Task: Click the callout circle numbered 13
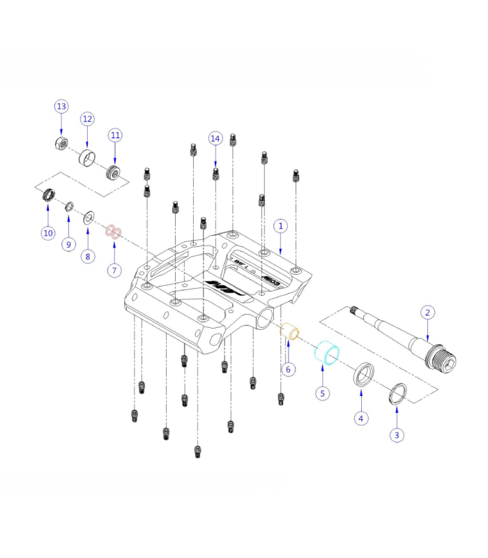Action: [61, 106]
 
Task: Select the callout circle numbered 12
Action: [87, 119]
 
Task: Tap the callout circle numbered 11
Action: [115, 134]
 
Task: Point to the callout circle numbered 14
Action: [215, 138]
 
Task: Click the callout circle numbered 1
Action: [280, 226]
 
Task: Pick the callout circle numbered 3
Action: [397, 435]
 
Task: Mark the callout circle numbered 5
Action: [322, 393]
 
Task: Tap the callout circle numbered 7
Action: [114, 269]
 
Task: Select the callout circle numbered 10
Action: [47, 233]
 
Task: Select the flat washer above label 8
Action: [89, 219]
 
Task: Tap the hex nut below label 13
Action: [61, 144]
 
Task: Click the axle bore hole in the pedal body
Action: [266, 319]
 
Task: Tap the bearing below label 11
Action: [114, 172]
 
